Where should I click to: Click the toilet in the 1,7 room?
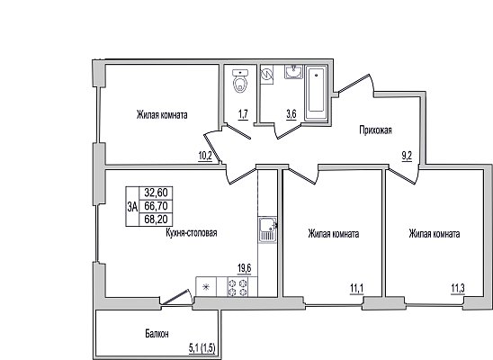(x=240, y=81)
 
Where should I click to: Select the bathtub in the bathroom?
(x=316, y=93)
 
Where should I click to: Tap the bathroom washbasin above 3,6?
(x=294, y=72)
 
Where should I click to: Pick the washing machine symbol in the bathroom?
(x=267, y=75)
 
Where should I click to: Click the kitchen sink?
(x=267, y=229)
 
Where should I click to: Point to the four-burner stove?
(x=238, y=287)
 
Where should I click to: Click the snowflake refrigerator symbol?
(x=206, y=287)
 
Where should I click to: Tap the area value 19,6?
(x=245, y=269)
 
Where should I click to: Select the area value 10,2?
(x=205, y=157)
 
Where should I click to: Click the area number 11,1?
(x=357, y=288)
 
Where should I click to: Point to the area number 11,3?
(x=458, y=288)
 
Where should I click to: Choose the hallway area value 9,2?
(x=407, y=157)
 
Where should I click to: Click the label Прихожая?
(x=376, y=130)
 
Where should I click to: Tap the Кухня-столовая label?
(x=191, y=233)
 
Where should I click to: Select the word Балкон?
(x=157, y=334)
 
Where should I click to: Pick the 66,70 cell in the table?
(x=156, y=206)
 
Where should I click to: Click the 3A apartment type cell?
(x=132, y=207)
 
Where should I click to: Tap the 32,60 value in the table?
(x=156, y=193)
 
